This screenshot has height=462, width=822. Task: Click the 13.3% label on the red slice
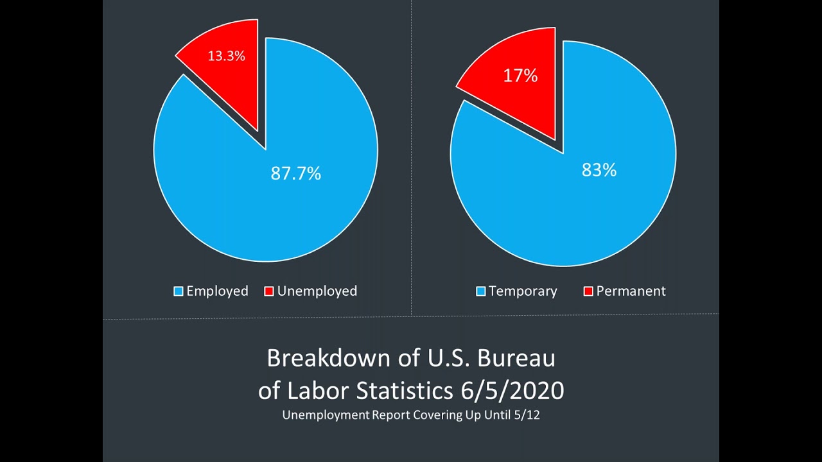click(x=227, y=56)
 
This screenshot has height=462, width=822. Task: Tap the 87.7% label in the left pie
click(x=296, y=173)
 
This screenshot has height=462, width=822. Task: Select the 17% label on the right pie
click(x=520, y=76)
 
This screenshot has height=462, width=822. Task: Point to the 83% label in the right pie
click(x=599, y=170)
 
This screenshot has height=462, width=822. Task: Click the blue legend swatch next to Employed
click(x=179, y=291)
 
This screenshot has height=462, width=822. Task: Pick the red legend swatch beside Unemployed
click(x=269, y=291)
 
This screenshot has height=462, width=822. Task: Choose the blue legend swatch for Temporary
click(x=481, y=291)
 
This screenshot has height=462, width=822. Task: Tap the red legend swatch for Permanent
click(x=588, y=291)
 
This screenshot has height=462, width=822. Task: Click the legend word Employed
click(x=217, y=291)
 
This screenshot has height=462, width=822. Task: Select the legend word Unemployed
click(x=317, y=291)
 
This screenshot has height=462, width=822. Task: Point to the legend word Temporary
click(x=523, y=291)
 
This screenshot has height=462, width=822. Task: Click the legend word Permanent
click(x=631, y=291)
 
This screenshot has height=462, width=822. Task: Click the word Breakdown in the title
click(x=328, y=358)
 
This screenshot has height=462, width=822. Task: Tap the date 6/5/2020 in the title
click(x=512, y=391)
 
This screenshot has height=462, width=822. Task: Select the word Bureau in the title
click(x=516, y=358)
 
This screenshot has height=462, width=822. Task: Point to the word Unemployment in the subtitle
click(x=326, y=415)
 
